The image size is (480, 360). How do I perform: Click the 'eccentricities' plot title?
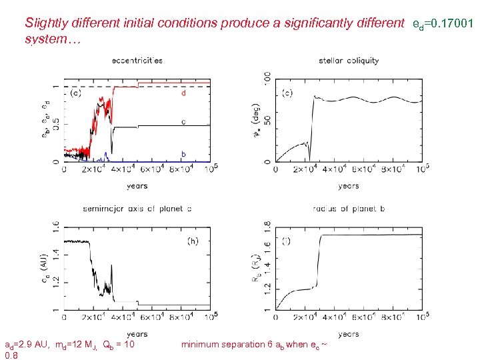point(137,61)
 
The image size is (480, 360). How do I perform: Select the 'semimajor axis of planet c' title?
point(137,209)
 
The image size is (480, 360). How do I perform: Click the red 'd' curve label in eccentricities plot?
point(183,93)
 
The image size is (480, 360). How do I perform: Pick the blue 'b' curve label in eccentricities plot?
point(183,154)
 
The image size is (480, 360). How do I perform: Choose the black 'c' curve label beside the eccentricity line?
point(183,122)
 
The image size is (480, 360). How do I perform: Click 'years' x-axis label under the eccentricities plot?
point(137,185)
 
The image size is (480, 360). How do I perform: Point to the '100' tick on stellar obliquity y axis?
point(267,79)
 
